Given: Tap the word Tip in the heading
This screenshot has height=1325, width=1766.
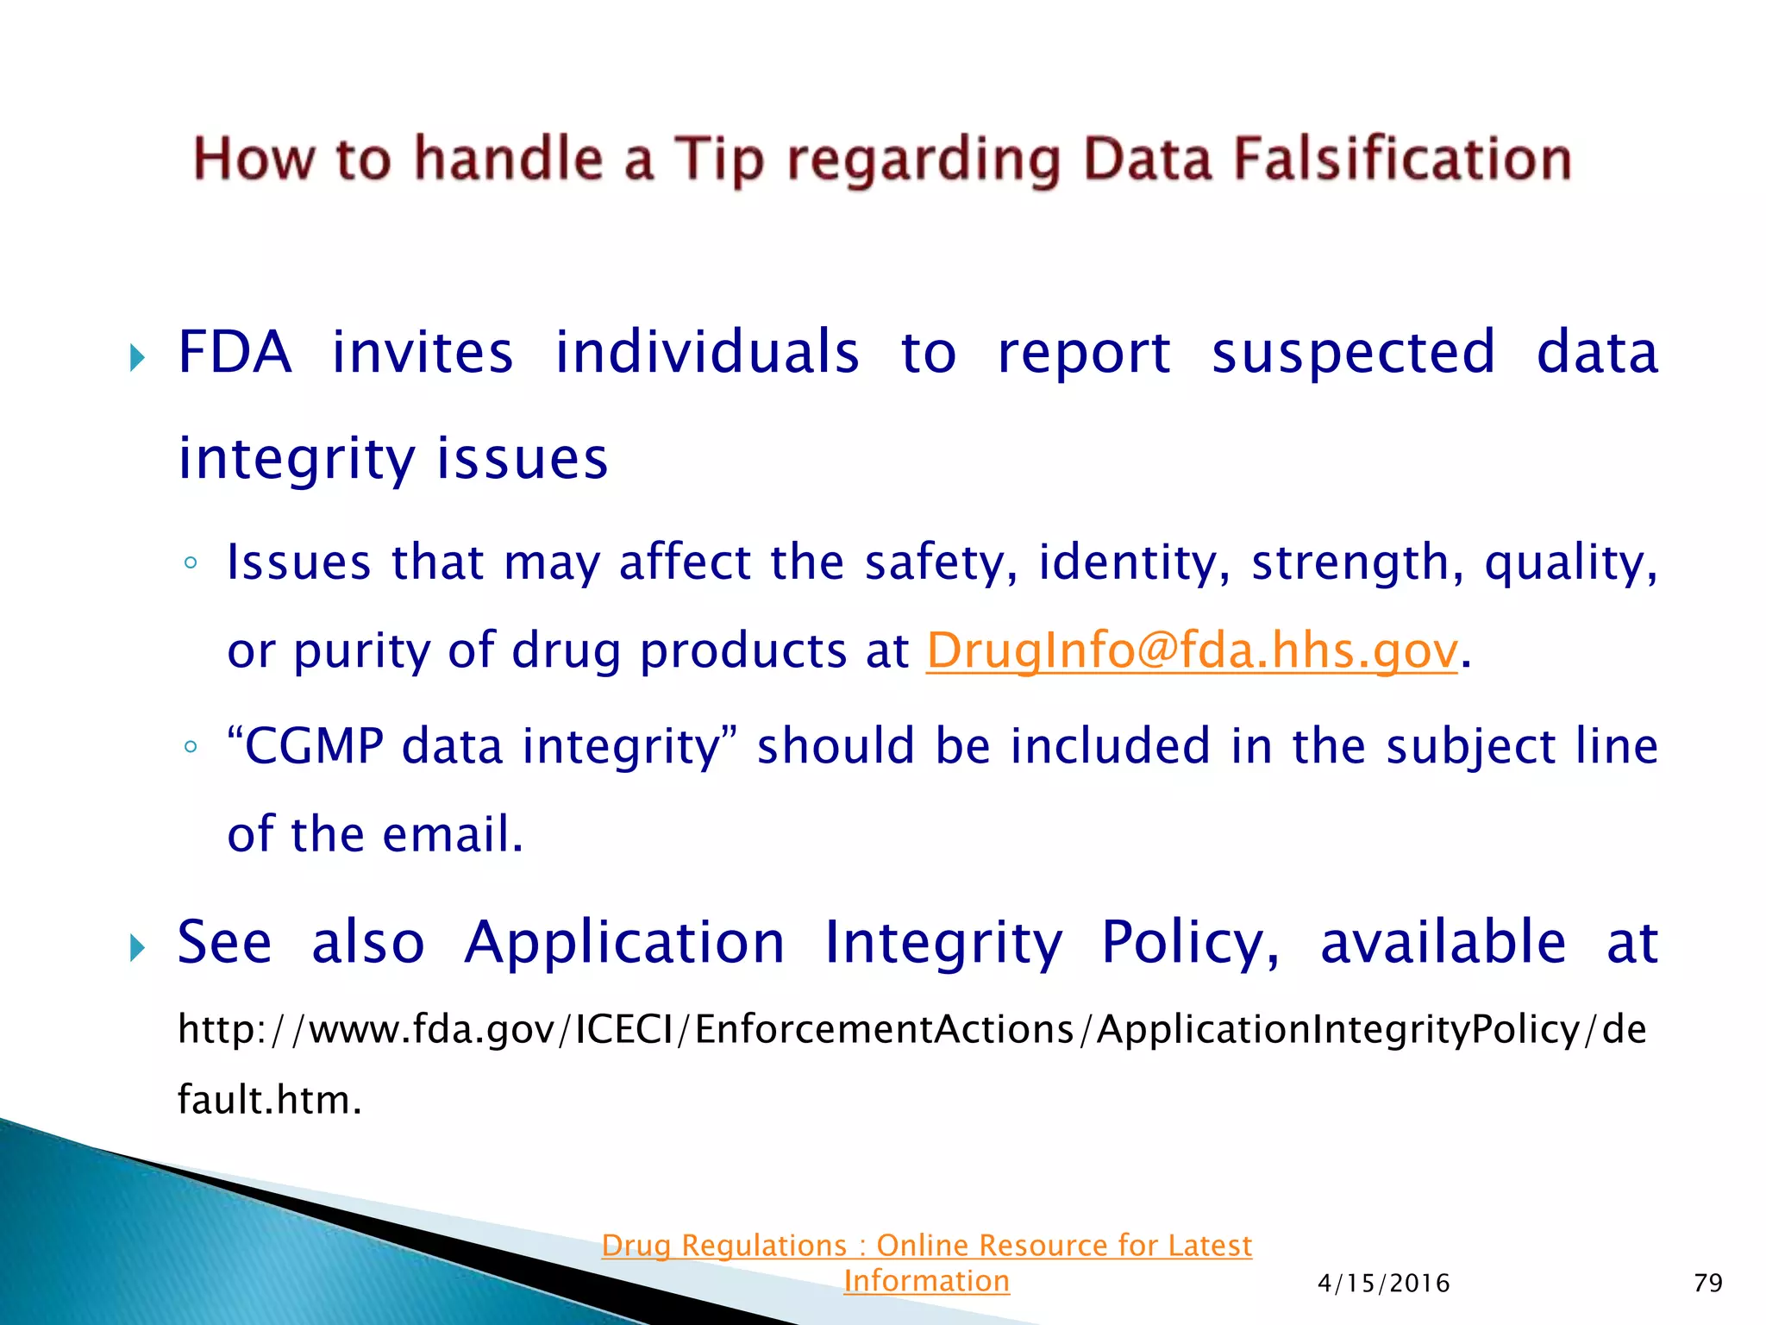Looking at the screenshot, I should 718,161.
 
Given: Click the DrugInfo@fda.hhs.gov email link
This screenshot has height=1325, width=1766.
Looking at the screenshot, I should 1192,650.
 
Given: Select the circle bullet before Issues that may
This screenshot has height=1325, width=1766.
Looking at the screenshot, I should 191,564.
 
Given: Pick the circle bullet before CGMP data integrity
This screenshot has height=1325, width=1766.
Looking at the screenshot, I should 191,747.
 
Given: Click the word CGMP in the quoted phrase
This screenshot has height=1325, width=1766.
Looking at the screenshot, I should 314,746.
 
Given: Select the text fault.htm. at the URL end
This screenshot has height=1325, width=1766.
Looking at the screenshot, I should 269,1101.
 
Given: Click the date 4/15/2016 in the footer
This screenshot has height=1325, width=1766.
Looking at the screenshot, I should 1383,1284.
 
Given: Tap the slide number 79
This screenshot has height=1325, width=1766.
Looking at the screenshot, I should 1707,1284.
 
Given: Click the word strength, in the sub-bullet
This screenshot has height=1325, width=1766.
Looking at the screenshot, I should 1357,562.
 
